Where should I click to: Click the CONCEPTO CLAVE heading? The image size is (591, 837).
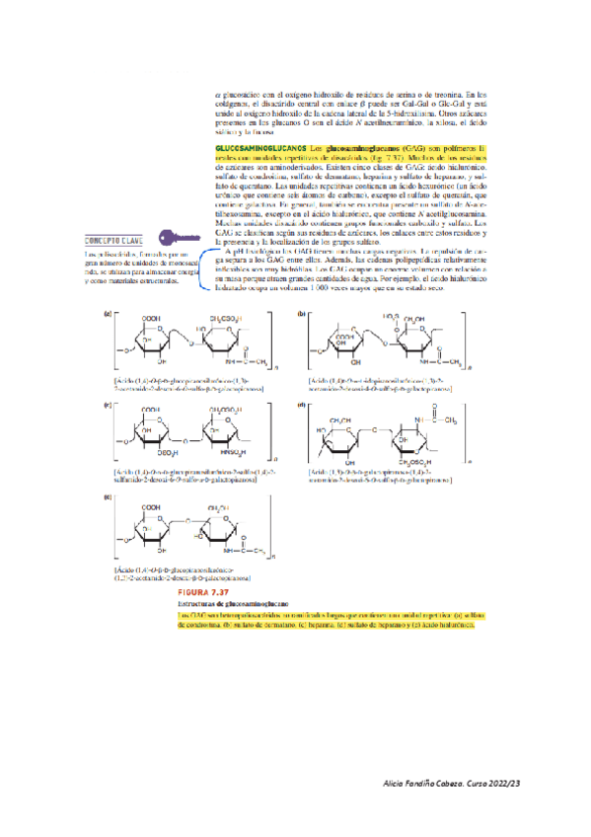[112, 239]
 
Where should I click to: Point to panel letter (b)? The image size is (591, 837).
[301, 312]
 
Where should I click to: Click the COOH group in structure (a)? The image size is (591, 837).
[151, 317]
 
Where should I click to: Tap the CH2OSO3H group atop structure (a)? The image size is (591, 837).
[218, 317]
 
